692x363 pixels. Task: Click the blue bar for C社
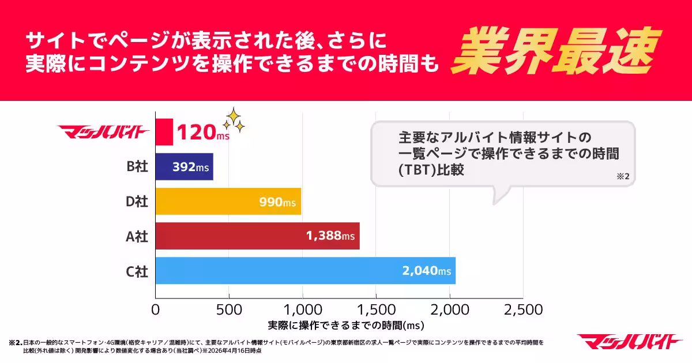coord(306,271)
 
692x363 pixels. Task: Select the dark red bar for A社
coord(258,236)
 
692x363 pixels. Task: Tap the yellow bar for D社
coord(228,202)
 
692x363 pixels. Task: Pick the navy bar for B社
coord(185,167)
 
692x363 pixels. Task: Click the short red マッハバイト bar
coord(164,133)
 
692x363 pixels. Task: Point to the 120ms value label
coord(202,133)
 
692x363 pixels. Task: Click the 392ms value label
coord(191,168)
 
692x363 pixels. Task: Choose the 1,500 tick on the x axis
coord(376,310)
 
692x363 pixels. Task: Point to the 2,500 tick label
coord(522,310)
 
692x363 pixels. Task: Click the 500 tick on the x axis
coord(229,310)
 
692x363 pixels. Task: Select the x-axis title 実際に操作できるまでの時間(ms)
coord(346,326)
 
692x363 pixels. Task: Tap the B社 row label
coord(137,167)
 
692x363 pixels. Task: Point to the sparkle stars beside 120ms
coord(234,120)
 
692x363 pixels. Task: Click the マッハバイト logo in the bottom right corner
coord(630,342)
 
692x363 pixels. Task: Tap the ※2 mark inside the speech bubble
coord(623,177)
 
